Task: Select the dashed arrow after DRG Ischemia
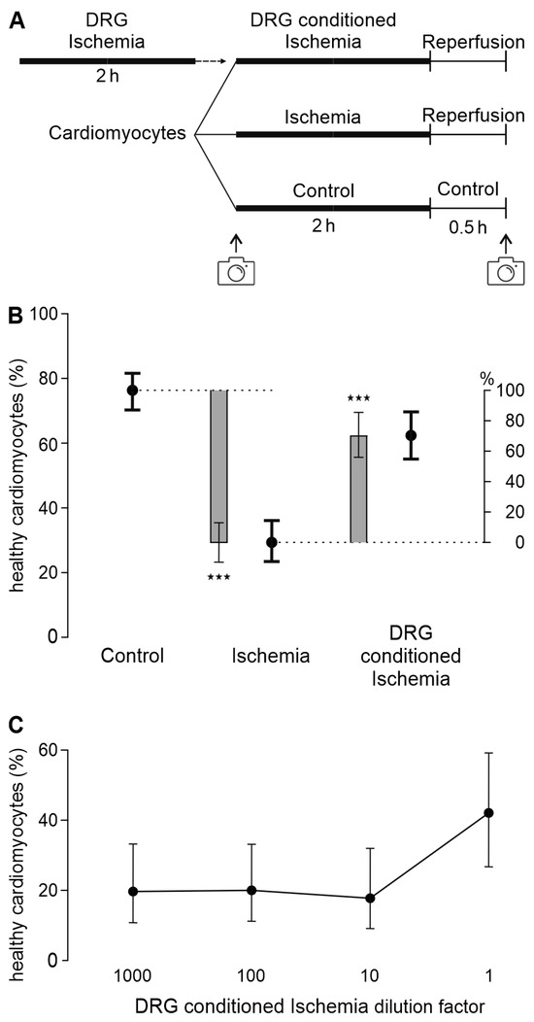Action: click(212, 61)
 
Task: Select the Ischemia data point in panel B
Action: click(272, 542)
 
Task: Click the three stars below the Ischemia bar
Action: click(219, 578)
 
